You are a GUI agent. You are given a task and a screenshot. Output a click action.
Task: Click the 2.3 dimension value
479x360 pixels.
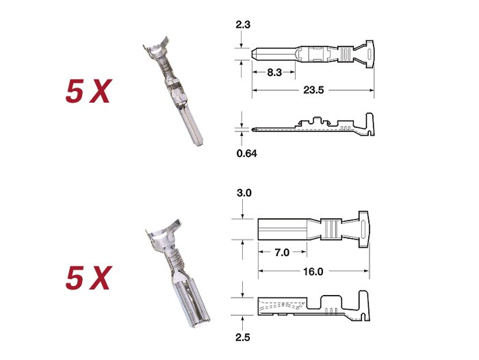243,25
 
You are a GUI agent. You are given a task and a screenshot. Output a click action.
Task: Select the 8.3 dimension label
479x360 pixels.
274,73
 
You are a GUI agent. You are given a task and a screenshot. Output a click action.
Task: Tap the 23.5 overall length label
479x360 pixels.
313,90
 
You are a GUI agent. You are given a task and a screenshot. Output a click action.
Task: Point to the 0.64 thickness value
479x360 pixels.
246,153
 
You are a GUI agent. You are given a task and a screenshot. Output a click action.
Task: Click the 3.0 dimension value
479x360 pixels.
244,193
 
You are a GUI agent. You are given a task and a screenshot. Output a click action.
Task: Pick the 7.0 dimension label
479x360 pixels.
282,253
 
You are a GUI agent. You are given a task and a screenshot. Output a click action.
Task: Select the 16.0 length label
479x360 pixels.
313,272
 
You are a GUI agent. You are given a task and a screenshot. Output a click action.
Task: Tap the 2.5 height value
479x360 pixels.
242,337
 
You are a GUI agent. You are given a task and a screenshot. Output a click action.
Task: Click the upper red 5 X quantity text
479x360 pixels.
88,91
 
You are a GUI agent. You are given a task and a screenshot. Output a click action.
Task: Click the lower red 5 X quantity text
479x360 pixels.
88,277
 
